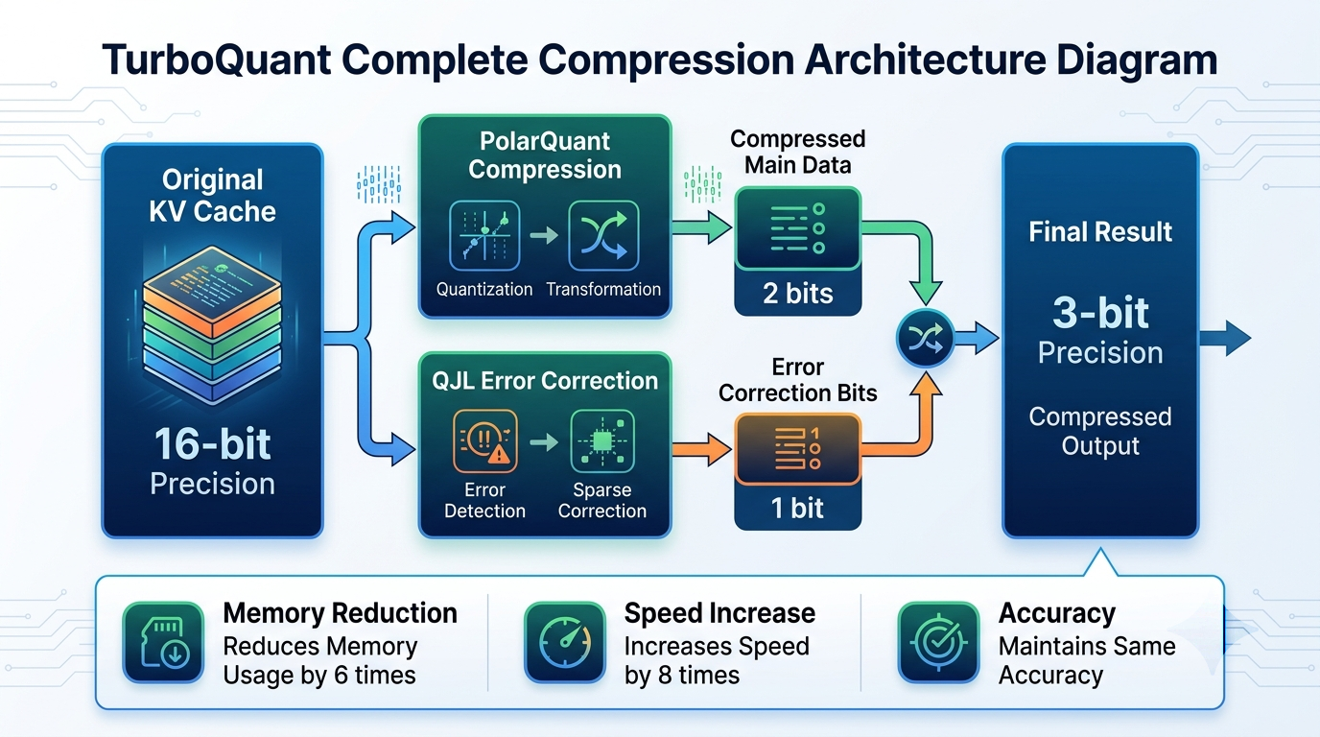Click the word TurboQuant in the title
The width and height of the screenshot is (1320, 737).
[216, 59]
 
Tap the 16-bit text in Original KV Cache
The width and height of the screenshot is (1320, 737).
[212, 444]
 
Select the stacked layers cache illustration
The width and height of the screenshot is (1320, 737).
[212, 326]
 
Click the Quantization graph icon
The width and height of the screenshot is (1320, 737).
[484, 235]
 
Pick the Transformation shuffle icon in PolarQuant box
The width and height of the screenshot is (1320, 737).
[603, 235]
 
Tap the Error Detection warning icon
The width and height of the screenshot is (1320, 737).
[485, 441]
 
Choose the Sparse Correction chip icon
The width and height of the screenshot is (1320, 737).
[602, 441]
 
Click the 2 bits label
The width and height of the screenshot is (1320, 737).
[798, 293]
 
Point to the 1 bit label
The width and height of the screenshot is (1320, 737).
[797, 508]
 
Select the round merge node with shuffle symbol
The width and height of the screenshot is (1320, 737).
[925, 339]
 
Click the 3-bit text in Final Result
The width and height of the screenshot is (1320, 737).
[1100, 313]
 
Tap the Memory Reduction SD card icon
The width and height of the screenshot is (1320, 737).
[163, 643]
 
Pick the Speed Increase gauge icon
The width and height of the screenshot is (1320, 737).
[565, 643]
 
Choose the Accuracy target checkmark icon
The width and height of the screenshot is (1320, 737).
[939, 643]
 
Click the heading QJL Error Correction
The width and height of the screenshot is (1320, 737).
[545, 381]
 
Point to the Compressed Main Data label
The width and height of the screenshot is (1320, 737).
[798, 153]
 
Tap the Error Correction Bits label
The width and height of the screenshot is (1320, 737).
[798, 380]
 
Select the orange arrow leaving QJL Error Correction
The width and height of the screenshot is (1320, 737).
[701, 450]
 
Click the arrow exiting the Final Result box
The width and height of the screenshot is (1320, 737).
[1225, 339]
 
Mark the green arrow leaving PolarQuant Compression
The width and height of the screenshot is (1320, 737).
[701, 227]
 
